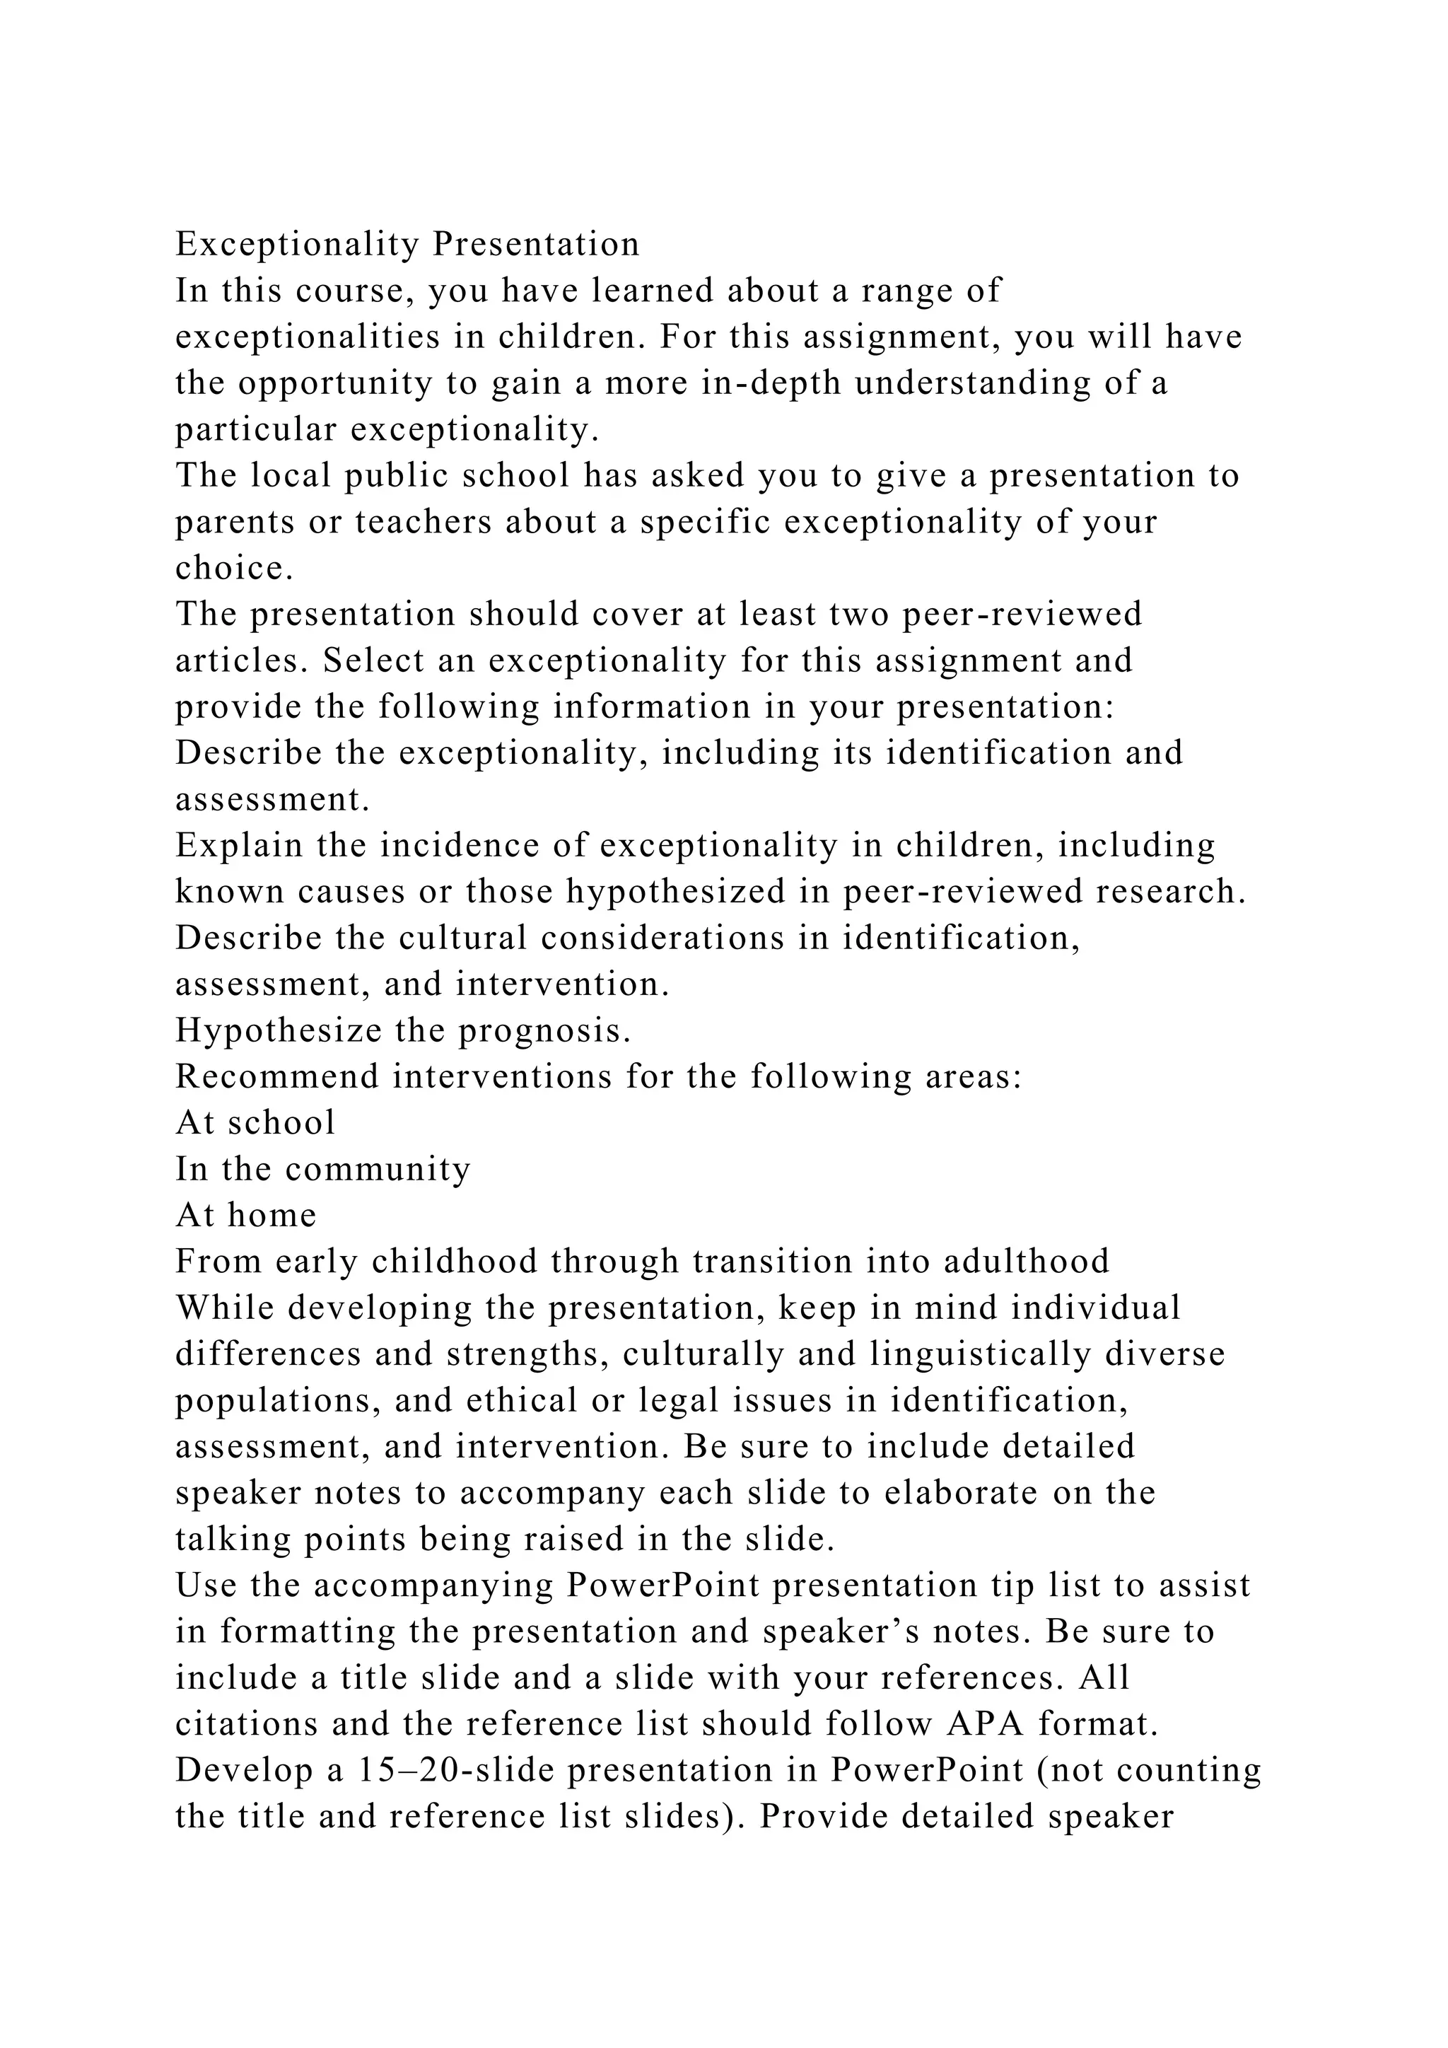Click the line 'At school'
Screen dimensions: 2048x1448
click(256, 1123)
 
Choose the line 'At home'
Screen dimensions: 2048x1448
click(246, 1216)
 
